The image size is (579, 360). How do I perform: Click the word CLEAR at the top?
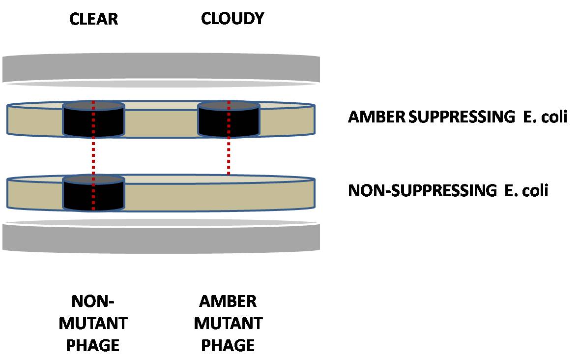[93, 19]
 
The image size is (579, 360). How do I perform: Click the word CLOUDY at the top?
[232, 19]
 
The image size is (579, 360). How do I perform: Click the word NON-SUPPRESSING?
[422, 190]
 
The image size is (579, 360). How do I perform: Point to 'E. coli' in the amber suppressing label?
[545, 117]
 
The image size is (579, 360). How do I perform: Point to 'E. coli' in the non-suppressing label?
[526, 190]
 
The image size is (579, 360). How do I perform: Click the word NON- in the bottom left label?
[93, 301]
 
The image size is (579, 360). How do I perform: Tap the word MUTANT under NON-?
[93, 323]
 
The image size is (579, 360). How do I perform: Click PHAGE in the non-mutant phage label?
[93, 345]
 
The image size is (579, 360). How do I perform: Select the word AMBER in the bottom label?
[228, 301]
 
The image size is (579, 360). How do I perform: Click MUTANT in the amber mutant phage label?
[228, 323]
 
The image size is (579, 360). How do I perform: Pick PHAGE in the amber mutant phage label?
[228, 345]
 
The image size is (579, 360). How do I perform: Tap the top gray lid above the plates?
[161, 69]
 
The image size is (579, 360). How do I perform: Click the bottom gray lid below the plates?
[161, 238]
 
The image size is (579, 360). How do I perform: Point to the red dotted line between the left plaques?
[93, 155]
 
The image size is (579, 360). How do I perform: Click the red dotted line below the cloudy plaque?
[228, 155]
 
